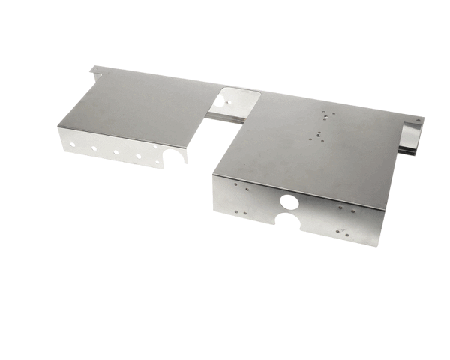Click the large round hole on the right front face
pos(289,202)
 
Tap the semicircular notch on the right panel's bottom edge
pos(288,220)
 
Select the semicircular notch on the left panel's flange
pos(174,157)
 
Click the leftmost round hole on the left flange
pos(73,141)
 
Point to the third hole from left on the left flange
pos(116,152)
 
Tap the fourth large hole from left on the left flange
pos(137,157)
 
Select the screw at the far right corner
pos(419,120)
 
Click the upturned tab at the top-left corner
pos(95,70)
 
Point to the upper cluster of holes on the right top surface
pos(324,116)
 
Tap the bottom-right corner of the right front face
pos(379,244)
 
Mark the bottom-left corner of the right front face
pos(215,211)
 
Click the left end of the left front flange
pos(60,138)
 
